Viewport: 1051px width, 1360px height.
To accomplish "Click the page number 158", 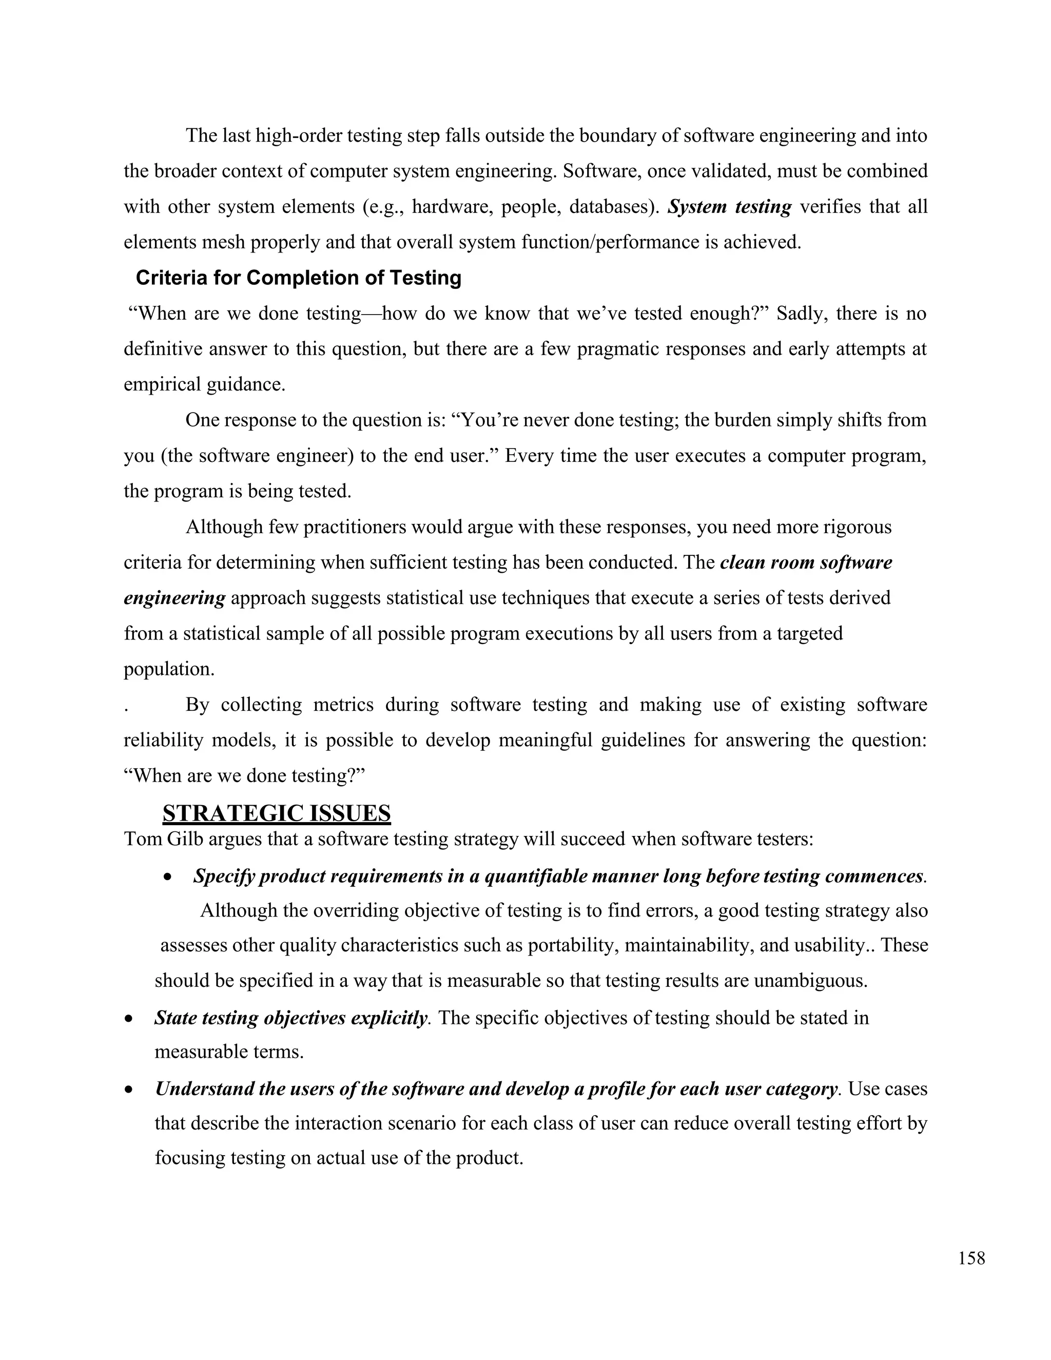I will click(971, 1258).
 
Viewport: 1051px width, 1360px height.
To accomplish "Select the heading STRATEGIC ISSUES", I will click(277, 813).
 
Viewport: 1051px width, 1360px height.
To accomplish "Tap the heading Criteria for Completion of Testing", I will click(298, 278).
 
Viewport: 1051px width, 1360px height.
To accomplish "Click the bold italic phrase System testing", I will click(729, 207).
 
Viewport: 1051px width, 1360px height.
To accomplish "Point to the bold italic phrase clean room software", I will click(806, 562).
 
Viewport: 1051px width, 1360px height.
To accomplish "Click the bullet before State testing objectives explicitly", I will click(129, 1019).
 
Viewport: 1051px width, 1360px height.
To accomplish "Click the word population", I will click(169, 669).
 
